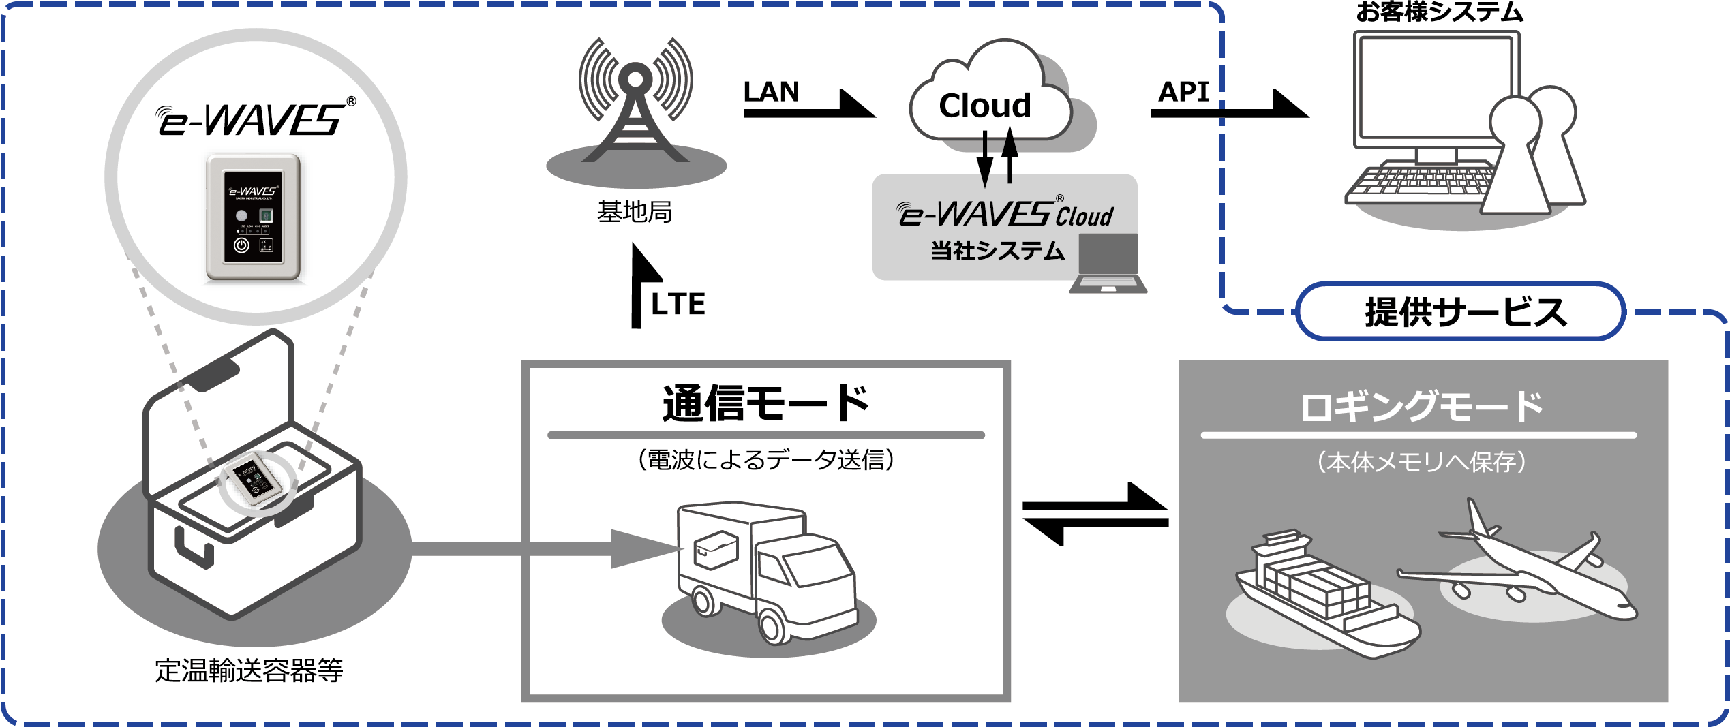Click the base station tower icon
(635, 102)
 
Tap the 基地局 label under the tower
(635, 213)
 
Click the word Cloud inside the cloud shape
(985, 106)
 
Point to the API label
(1184, 92)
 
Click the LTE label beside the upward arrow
(678, 304)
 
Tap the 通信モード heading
(765, 403)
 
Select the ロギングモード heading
(1422, 407)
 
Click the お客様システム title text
(1439, 12)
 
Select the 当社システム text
(997, 251)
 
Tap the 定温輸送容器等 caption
(249, 671)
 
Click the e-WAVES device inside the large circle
(254, 217)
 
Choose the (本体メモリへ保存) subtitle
(1422, 462)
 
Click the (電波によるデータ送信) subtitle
(765, 460)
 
